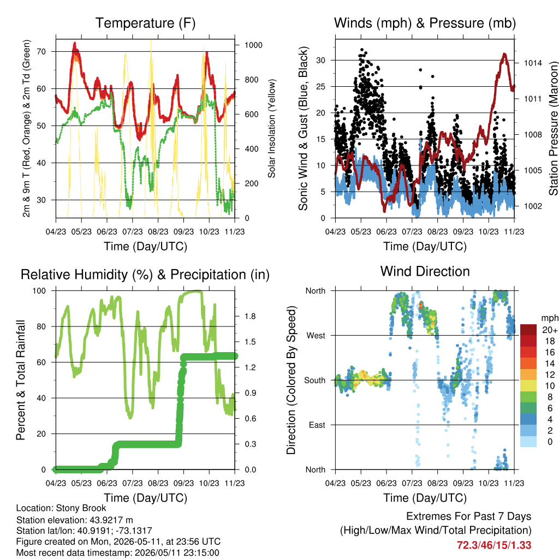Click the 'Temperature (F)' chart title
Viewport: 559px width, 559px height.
(x=145, y=23)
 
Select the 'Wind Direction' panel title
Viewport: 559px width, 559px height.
(x=425, y=271)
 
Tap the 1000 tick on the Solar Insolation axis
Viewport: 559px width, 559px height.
(x=253, y=45)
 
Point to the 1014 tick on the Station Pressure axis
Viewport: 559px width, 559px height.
(x=533, y=63)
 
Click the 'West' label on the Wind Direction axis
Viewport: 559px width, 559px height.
(x=316, y=336)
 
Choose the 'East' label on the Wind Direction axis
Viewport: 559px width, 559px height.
(x=317, y=425)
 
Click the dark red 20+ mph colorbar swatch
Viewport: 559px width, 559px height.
(x=528, y=330)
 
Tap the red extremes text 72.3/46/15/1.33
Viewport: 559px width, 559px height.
(x=494, y=545)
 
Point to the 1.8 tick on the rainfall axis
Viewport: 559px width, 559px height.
(x=250, y=317)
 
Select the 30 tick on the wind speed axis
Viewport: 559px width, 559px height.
(x=321, y=60)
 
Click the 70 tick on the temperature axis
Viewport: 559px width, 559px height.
(x=41, y=52)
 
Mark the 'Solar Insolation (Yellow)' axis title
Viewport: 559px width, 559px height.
(x=272, y=128)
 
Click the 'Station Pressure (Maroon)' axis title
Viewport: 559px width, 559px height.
(x=554, y=128)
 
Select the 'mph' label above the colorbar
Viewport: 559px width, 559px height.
(x=550, y=318)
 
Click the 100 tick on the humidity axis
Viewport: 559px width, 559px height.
(x=39, y=291)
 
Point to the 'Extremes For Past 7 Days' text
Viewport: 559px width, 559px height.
(x=469, y=516)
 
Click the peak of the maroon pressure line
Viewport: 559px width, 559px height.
(x=504, y=54)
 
